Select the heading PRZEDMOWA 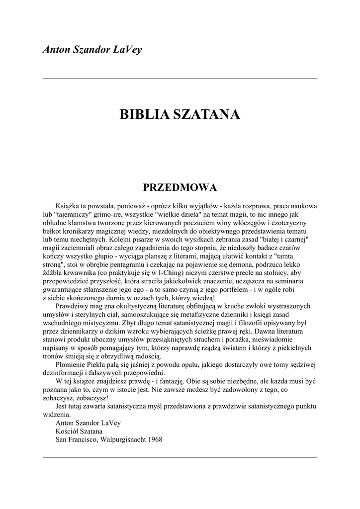180,187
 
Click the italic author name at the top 92,50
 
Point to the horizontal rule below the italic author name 180,78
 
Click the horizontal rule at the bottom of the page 180,457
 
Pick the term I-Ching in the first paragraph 175,273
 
